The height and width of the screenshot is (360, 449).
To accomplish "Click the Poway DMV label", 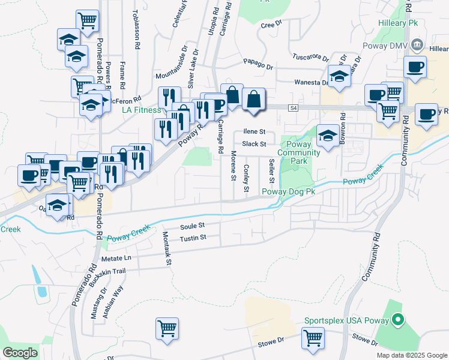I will click(388, 45).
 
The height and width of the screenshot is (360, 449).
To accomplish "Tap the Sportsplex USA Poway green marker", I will click(397, 321).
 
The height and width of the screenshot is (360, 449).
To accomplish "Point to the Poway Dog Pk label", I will click(289, 191).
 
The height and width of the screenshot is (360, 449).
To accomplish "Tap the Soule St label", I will click(193, 226).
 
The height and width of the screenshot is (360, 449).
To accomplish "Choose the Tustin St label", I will click(193, 238).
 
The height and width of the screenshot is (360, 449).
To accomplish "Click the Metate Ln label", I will click(116, 258).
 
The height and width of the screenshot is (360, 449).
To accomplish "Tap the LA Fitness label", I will click(142, 110).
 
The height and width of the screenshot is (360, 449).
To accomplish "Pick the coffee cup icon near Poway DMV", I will click(414, 67).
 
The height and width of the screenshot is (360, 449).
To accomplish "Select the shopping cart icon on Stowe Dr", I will click(313, 338).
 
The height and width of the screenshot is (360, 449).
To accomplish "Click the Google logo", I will click(20, 353).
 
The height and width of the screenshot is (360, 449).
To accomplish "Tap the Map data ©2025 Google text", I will click(412, 355).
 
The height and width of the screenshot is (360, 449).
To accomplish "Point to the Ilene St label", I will click(255, 131).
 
